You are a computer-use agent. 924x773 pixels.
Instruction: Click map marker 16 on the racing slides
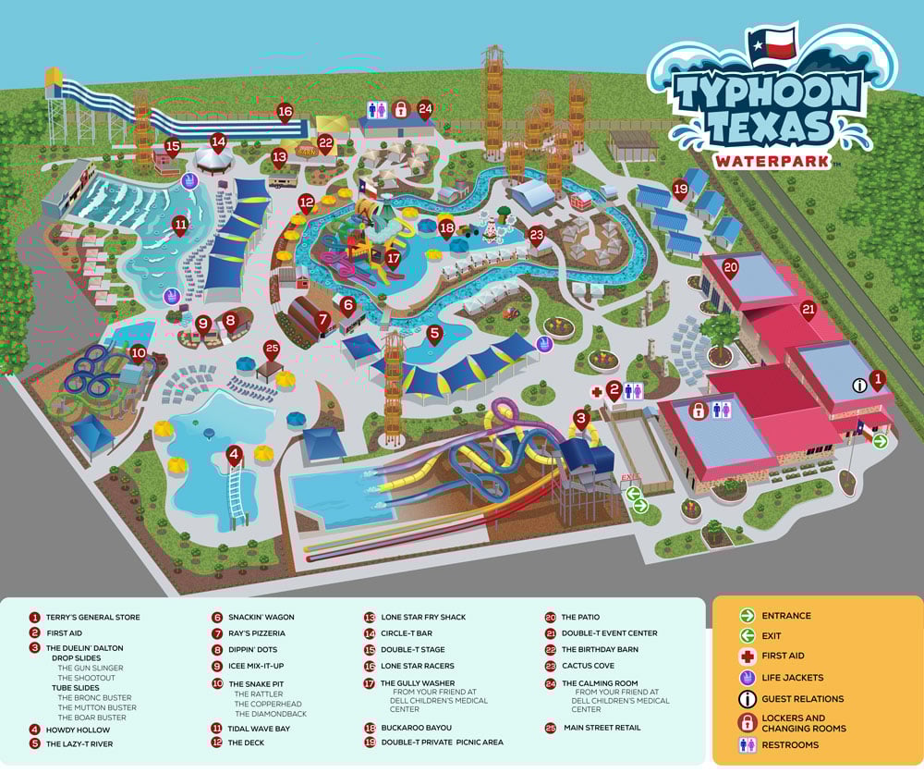[x=285, y=112]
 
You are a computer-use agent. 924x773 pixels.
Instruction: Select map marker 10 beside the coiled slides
[x=139, y=352]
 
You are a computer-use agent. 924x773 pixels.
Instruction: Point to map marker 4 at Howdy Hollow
[x=235, y=455]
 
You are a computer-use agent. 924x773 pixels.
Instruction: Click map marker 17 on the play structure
[x=393, y=259]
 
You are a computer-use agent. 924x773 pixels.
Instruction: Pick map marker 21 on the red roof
[x=808, y=310]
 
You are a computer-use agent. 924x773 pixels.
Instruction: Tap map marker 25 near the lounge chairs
[x=272, y=350]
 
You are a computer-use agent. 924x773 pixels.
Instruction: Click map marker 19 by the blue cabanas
[x=681, y=190]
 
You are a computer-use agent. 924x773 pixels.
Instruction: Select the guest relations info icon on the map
[x=859, y=385]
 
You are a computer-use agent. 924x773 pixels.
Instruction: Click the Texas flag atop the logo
[x=772, y=43]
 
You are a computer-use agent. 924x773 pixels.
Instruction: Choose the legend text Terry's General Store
[x=93, y=617]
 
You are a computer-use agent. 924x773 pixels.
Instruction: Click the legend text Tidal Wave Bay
[x=259, y=729]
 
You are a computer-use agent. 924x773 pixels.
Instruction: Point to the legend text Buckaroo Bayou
[x=416, y=728]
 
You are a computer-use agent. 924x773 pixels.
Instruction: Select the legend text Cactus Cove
[x=587, y=666]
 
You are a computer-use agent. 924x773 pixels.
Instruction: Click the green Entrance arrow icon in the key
[x=747, y=616]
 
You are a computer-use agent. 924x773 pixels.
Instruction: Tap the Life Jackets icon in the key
[x=747, y=678]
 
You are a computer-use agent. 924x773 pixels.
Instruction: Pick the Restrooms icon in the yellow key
[x=747, y=744]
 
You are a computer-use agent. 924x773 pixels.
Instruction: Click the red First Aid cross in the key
[x=747, y=656]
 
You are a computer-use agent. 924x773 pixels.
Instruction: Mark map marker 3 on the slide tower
[x=581, y=418]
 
